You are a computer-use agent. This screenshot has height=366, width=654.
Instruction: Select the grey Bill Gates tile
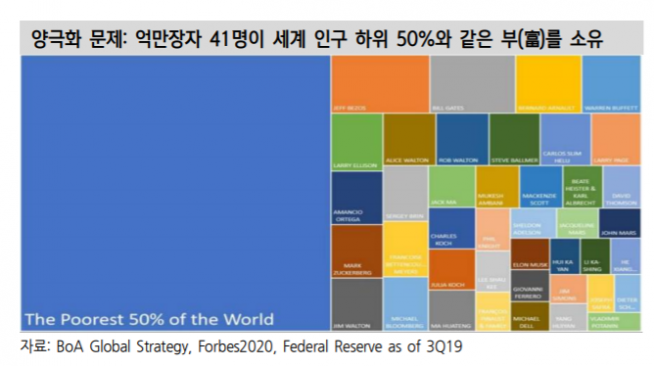458,84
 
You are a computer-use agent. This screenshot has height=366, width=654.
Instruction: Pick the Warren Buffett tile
611,84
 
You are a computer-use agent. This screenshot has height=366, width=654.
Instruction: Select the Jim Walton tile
355,304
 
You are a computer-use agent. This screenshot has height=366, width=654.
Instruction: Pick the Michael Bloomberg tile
405,305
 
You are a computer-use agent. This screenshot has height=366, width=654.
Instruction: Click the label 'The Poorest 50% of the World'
149,320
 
